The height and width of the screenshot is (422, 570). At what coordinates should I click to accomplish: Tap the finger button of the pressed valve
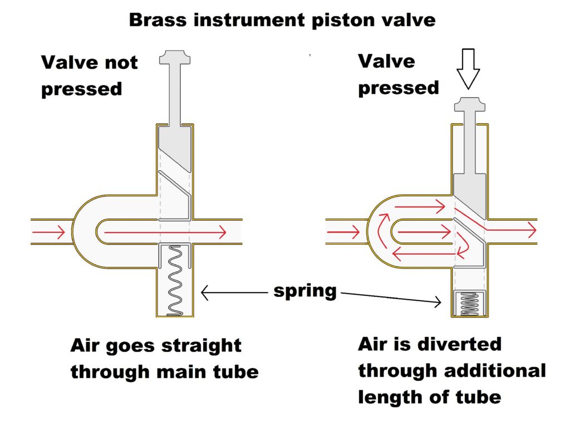[469, 105]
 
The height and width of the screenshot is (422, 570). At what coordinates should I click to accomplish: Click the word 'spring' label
[305, 291]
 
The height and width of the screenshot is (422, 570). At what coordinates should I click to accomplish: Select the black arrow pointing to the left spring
[234, 292]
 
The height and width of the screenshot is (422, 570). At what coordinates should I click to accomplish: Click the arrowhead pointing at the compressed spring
[438, 302]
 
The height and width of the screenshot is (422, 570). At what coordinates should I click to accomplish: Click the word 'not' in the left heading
[116, 62]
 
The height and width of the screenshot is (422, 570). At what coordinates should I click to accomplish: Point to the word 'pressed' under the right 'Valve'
[398, 88]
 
